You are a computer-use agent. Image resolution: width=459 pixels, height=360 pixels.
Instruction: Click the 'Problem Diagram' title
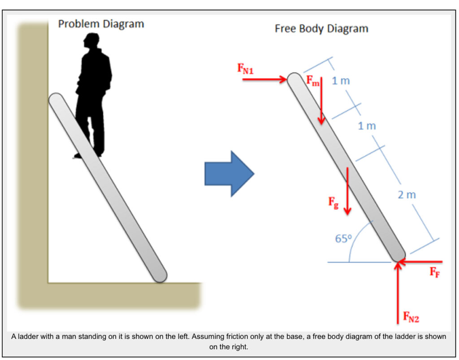[101, 24]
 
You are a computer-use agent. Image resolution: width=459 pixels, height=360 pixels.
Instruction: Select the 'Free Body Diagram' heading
[321, 29]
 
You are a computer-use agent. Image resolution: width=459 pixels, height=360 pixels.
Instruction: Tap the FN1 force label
[245, 69]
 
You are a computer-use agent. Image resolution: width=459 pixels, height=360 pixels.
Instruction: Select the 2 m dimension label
[407, 195]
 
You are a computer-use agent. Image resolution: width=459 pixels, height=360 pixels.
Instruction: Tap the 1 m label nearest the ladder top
[341, 81]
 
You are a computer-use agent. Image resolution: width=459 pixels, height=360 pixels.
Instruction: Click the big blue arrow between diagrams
[229, 173]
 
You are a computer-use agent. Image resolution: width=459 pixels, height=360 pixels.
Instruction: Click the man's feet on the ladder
[87, 154]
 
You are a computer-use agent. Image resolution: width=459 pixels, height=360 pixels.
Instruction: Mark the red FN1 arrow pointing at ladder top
[264, 79]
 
